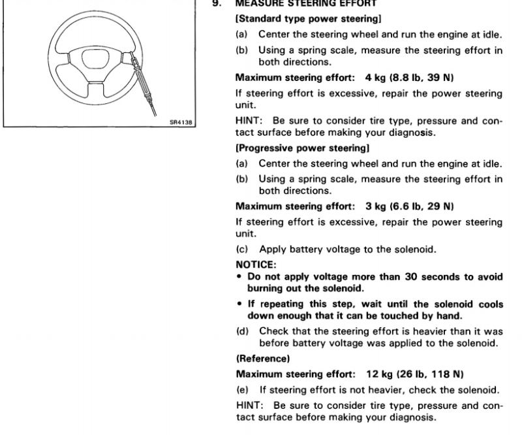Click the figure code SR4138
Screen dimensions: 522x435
coord(181,122)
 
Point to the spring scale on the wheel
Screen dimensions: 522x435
coord(143,84)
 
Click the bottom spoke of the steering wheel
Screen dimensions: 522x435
coord(96,89)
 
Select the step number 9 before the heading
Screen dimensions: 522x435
coord(217,3)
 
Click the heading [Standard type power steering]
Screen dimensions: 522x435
coord(308,19)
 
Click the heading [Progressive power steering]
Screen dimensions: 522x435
coord(302,148)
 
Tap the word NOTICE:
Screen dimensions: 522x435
coord(256,265)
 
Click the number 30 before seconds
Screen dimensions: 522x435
coord(411,277)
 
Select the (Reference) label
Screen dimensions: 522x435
coord(263,359)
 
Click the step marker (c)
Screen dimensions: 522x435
coord(242,250)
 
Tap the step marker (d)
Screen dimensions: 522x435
coord(242,331)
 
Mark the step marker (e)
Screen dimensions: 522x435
coord(242,390)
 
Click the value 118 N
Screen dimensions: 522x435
coord(447,374)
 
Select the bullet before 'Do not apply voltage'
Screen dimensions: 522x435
coord(239,277)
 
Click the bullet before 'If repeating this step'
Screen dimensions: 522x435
coord(239,304)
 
